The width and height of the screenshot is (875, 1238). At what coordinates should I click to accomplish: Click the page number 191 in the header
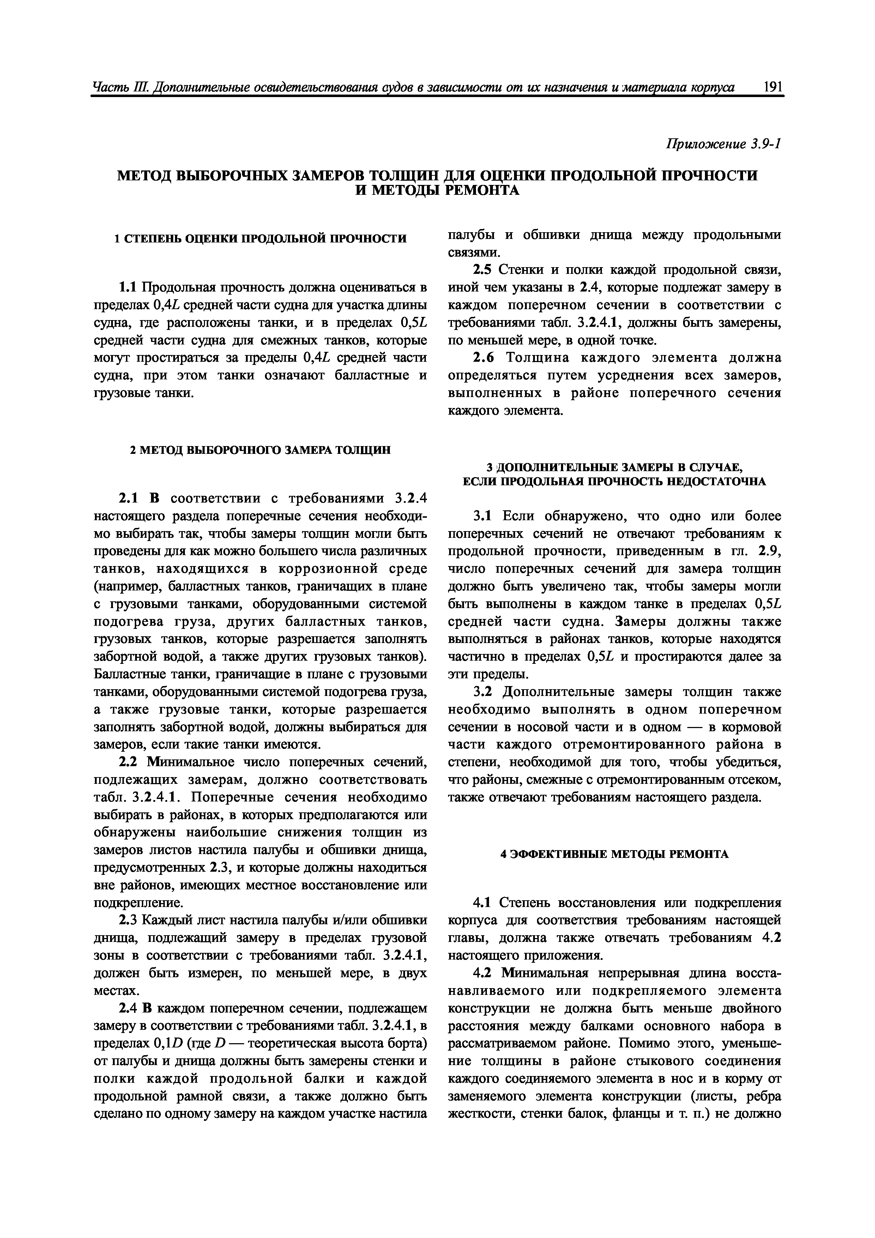[773, 88]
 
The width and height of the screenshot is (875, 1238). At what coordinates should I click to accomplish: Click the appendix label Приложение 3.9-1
[723, 144]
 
